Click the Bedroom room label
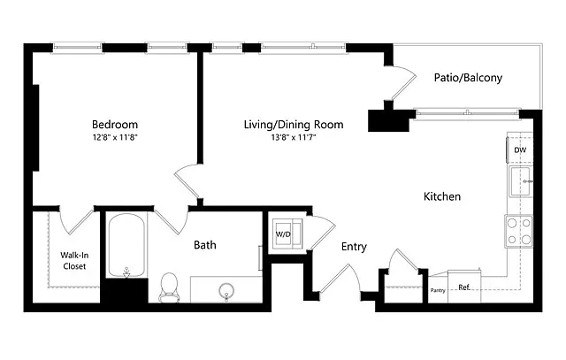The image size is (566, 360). [x=115, y=125]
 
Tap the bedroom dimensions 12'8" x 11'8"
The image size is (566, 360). [x=116, y=137]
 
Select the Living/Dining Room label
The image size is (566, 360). [x=294, y=125]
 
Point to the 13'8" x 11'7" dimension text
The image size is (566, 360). [x=294, y=137]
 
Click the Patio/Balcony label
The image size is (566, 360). [x=468, y=78]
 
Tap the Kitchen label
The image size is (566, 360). [x=442, y=196]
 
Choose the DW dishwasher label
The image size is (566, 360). [x=520, y=149]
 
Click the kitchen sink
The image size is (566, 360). [x=520, y=181]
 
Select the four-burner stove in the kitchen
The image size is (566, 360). [x=519, y=231]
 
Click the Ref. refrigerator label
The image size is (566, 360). [x=464, y=287]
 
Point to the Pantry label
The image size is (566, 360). [x=438, y=290]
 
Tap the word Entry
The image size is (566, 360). [x=354, y=247]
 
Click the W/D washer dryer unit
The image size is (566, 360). [x=287, y=234]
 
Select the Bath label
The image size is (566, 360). [x=205, y=245]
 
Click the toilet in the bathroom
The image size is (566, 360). [x=169, y=287]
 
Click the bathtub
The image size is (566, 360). [x=126, y=246]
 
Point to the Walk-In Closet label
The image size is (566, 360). [x=74, y=261]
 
